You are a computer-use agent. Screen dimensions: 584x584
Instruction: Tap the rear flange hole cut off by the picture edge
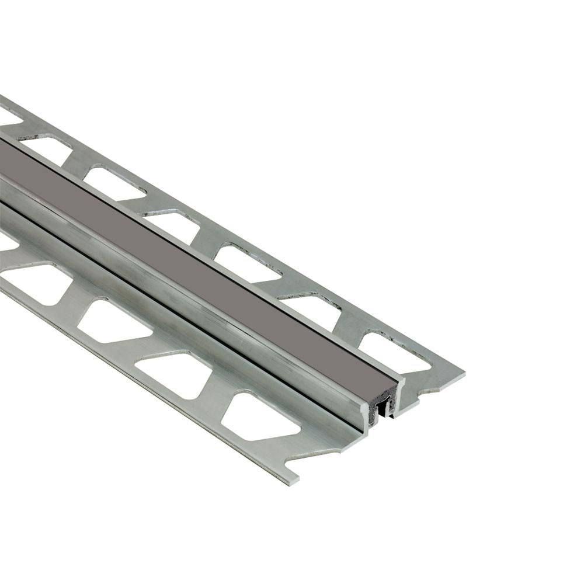click(x=8, y=116)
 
